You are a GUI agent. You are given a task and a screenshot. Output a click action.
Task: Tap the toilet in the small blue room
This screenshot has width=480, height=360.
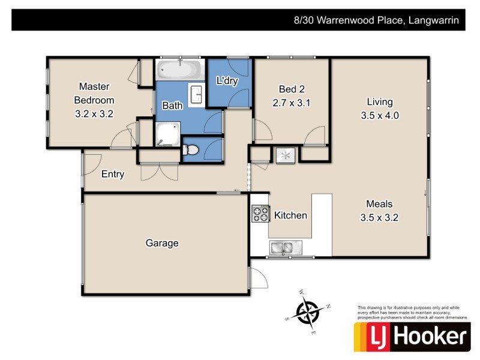191,149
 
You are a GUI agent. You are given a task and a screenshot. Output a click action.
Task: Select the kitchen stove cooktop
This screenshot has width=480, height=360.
260,214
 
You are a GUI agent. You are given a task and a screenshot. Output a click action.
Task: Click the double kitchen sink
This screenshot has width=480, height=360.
281,247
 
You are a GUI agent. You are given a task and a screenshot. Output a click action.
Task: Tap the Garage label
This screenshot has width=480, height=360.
162,243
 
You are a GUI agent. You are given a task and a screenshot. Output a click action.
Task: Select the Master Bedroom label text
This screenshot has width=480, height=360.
94,93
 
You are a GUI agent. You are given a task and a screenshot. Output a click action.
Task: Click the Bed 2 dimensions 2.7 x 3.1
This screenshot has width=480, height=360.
290,103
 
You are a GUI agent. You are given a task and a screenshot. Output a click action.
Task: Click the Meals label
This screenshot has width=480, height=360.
379,203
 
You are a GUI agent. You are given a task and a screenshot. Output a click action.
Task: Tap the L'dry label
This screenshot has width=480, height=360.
227,81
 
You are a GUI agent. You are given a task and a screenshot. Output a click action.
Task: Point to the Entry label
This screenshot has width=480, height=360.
113,175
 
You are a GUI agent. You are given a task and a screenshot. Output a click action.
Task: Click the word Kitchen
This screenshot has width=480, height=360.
290,215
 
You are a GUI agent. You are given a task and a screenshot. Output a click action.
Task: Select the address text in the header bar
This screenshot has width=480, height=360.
376,20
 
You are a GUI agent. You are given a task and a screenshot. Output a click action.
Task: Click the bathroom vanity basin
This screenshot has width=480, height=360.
196,94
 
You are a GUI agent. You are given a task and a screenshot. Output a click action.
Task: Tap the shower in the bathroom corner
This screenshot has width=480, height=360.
167,134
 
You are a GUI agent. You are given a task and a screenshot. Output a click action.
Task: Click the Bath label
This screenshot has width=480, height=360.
173,106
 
